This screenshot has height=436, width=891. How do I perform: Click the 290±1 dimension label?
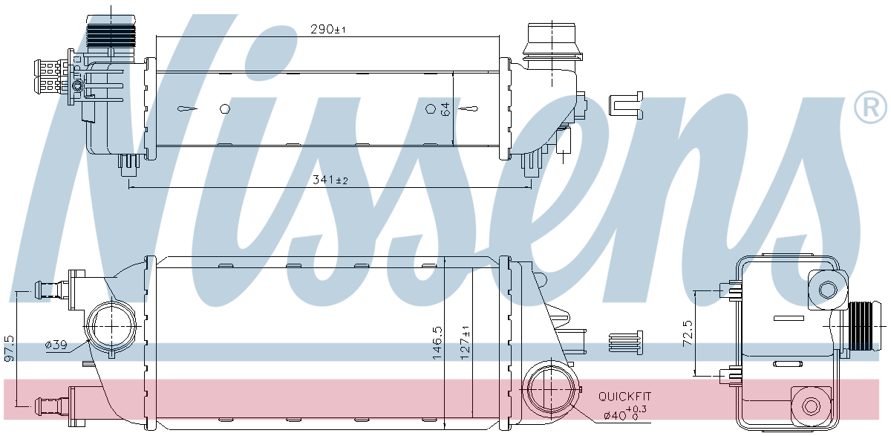[327, 29]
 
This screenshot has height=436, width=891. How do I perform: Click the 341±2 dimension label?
[330, 180]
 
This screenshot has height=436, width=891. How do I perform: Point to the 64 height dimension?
[446, 109]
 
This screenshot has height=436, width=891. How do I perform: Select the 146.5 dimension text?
[437, 343]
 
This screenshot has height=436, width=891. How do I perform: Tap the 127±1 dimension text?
[465, 343]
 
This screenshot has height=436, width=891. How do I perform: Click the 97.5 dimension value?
[9, 348]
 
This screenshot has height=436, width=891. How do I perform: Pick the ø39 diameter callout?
[56, 345]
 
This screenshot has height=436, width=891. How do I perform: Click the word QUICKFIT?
[625, 396]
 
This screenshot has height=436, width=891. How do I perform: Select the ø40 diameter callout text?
[625, 414]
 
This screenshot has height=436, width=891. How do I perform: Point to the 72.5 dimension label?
[688, 333]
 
